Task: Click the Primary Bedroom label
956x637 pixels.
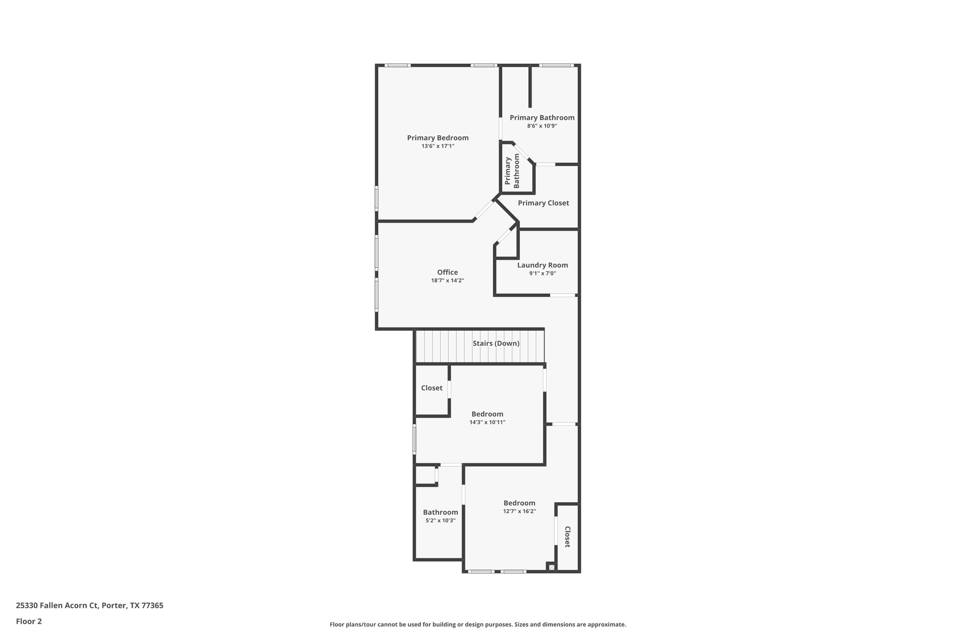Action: tap(437, 138)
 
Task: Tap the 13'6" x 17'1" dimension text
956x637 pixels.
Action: tap(437, 146)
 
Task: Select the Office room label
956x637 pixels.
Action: tap(447, 272)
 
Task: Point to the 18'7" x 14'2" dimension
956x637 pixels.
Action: tap(447, 280)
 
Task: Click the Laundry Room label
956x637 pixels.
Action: tap(542, 265)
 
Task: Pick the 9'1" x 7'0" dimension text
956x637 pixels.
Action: tap(542, 273)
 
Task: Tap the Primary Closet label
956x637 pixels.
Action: tap(543, 203)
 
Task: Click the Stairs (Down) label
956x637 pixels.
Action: tap(496, 343)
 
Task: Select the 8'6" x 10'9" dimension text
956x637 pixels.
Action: tap(542, 126)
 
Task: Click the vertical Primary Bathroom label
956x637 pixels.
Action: tap(512, 171)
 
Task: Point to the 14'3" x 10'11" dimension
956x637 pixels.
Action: tap(487, 422)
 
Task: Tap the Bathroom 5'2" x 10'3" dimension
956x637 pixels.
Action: tap(440, 520)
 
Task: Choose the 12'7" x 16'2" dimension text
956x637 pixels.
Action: tap(519, 511)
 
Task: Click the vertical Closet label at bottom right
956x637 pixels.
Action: tap(567, 537)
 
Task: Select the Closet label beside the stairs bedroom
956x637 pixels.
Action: tap(432, 388)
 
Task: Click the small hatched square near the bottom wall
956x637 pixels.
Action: tap(552, 567)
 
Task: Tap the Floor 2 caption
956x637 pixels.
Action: tap(29, 621)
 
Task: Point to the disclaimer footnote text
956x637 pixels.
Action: tap(478, 624)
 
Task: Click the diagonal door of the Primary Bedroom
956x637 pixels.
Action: tap(484, 210)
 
